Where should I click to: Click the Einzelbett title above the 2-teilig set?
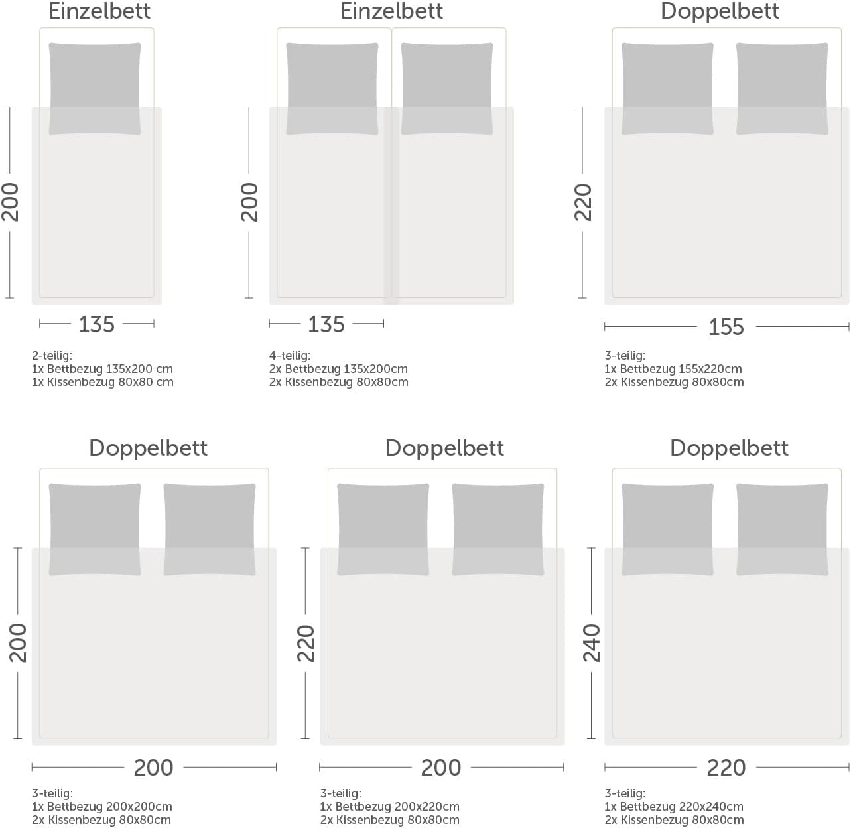point(99,11)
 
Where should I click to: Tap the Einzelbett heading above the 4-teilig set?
point(391,11)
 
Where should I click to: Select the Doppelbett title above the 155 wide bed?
point(720,11)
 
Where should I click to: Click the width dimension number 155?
point(726,327)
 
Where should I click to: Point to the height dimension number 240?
point(591,642)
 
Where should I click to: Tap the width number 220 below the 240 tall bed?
point(726,768)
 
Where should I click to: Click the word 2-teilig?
point(52,356)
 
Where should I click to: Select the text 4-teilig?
point(289,356)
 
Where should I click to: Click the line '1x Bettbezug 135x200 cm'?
point(102,369)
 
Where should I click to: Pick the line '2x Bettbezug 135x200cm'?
point(338,369)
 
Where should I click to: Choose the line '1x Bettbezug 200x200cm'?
point(101,807)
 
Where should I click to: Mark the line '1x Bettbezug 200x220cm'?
point(389,807)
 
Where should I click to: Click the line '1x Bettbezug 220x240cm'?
point(673,807)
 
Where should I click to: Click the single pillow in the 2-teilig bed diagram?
point(95,89)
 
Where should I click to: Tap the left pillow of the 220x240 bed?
point(667,529)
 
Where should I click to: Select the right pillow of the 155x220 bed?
point(782,89)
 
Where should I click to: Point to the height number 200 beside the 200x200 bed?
point(18,642)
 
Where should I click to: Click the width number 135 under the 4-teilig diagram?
point(326,324)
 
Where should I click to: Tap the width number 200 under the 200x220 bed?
point(441,768)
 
